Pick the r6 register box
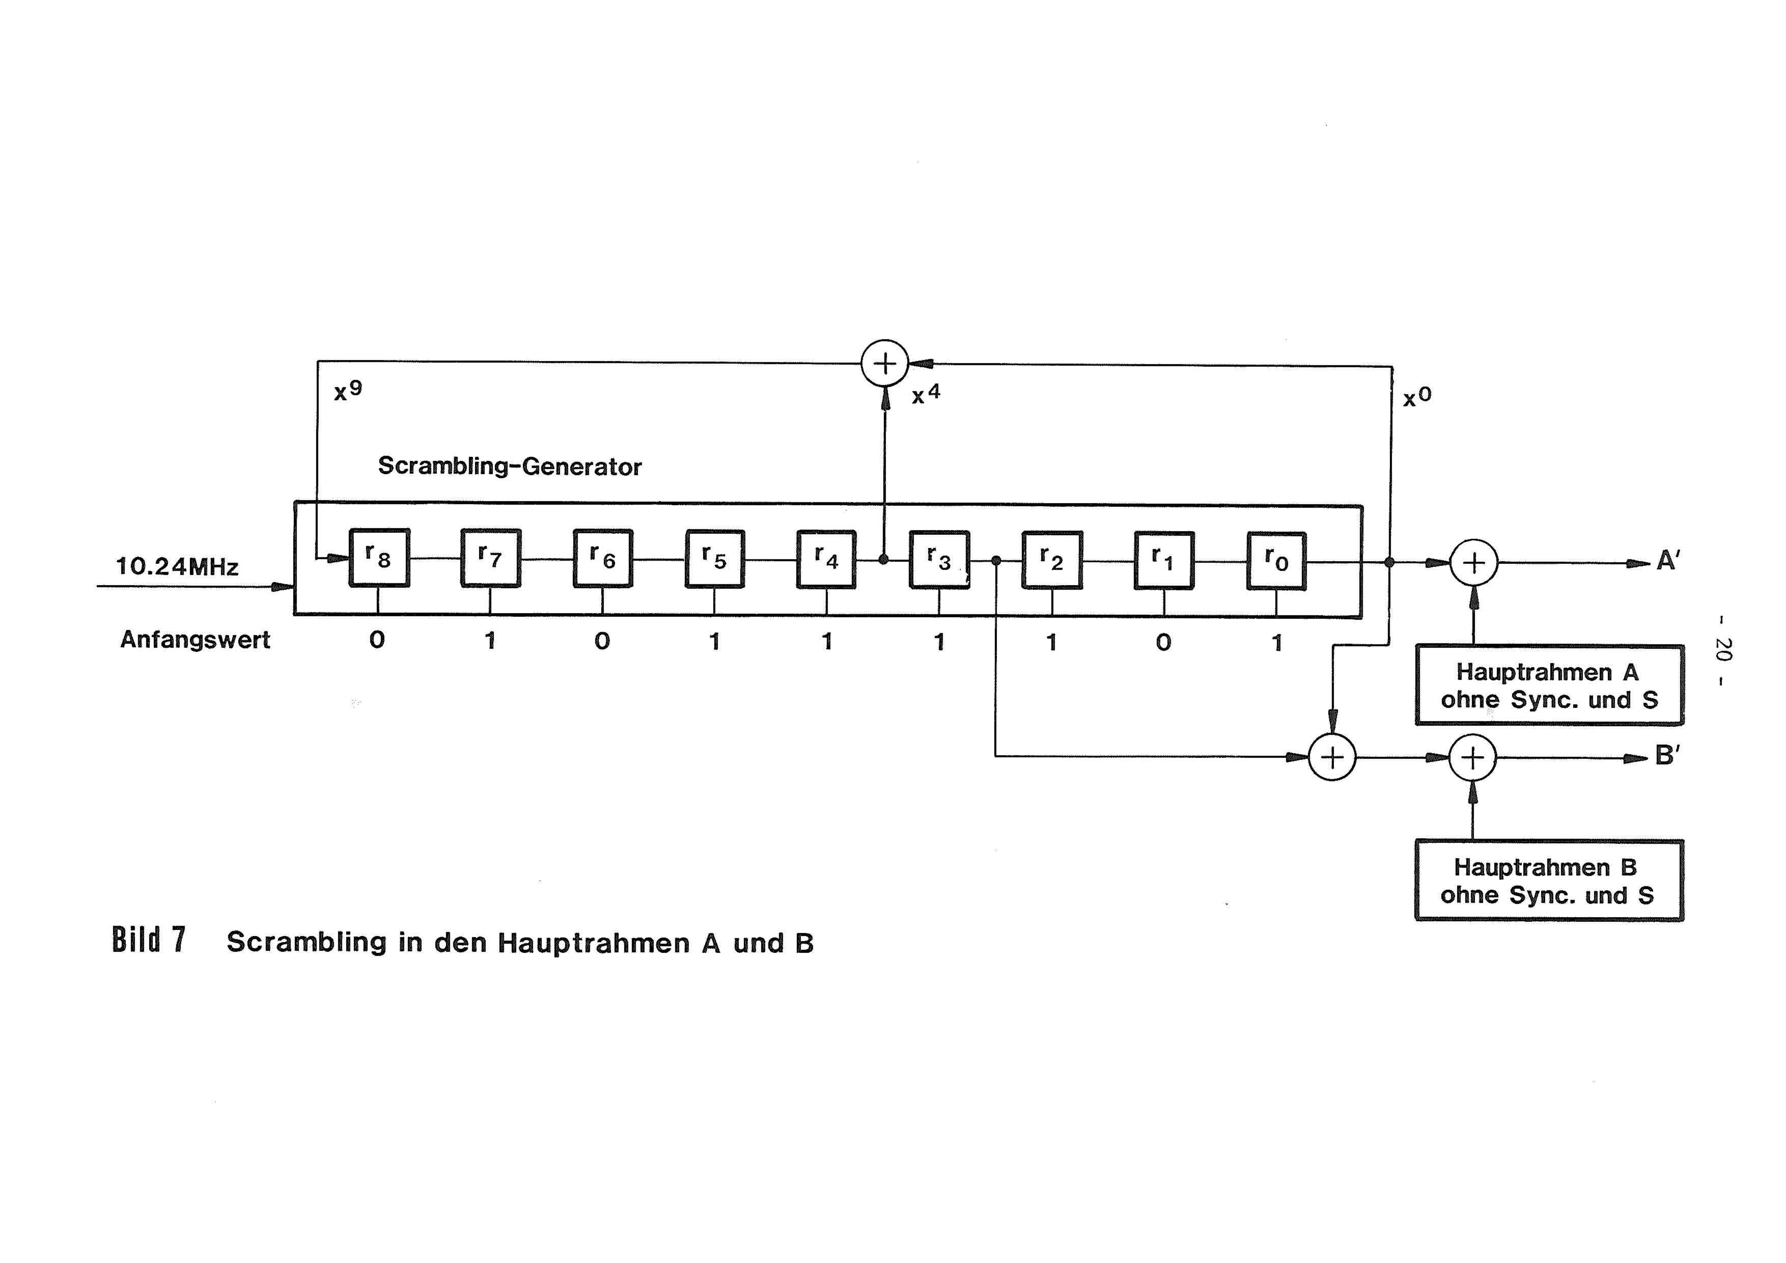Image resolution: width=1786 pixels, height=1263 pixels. (603, 558)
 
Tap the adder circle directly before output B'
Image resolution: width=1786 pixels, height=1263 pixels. (1472, 757)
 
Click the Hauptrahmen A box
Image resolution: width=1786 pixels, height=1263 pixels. (1549, 685)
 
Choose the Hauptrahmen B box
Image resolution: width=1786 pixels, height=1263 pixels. (1549, 880)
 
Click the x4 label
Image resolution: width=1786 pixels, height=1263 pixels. (926, 394)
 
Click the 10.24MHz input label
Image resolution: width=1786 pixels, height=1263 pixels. (177, 566)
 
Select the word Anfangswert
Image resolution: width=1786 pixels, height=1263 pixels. (195, 640)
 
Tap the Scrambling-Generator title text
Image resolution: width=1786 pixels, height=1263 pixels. (510, 466)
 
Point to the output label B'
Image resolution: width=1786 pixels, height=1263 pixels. (1667, 755)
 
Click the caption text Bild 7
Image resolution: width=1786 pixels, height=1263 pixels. (149, 940)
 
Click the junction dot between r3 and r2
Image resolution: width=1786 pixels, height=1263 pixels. (996, 560)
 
